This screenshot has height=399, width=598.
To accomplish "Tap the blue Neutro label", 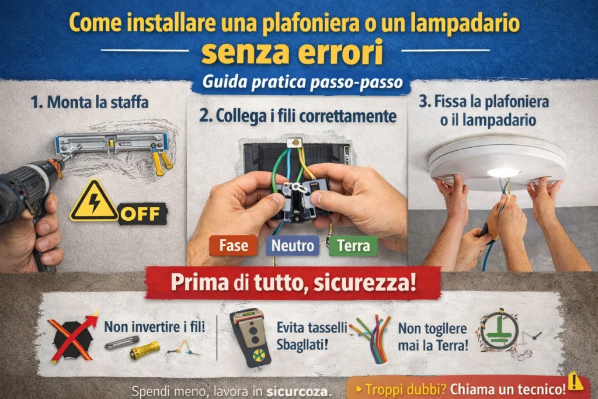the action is (x=293, y=246).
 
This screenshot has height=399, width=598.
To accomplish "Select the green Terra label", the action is (x=353, y=246).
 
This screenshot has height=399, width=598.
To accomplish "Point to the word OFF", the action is (x=141, y=214).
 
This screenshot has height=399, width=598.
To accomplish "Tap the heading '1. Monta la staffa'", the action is (x=89, y=102).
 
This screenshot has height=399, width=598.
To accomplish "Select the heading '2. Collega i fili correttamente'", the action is (x=297, y=116).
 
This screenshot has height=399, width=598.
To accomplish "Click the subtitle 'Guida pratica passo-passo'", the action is (x=303, y=82).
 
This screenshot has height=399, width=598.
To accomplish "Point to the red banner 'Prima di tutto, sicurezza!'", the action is (x=293, y=283).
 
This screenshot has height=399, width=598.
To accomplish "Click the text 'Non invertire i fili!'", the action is (x=154, y=327).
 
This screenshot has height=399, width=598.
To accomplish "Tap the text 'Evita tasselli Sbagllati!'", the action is (x=312, y=336).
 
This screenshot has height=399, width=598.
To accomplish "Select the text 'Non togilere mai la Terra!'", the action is (x=433, y=337).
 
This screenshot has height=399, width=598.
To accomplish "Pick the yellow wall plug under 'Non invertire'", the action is (x=145, y=350).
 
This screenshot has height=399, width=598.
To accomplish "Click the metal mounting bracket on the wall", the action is (x=112, y=143).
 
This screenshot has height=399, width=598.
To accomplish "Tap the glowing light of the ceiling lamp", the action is (x=503, y=173).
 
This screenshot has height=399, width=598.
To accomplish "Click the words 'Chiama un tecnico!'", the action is (x=507, y=390).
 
